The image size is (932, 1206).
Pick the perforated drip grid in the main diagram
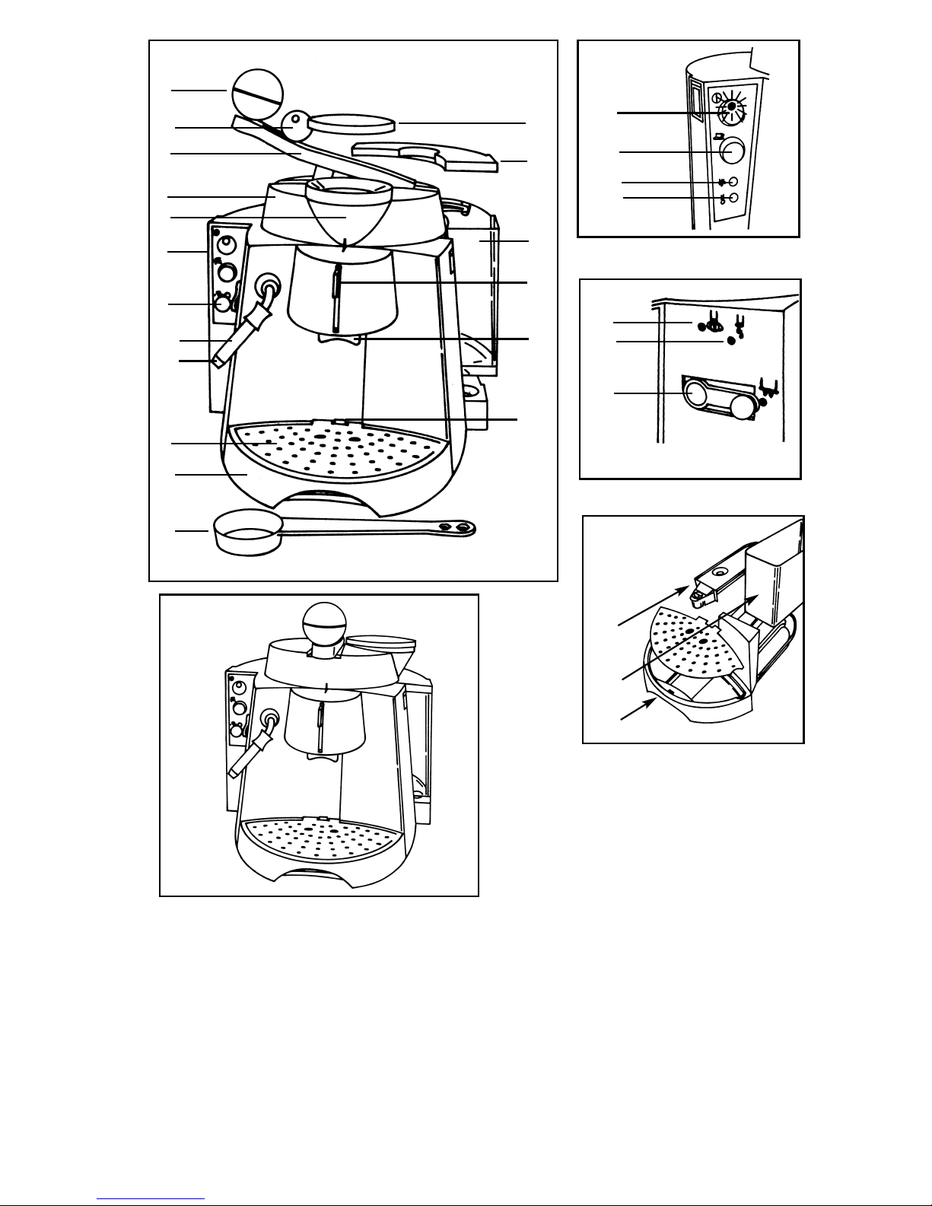point(336,450)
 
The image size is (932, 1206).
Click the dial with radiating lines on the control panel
point(731,107)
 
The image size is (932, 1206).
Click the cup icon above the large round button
point(718,136)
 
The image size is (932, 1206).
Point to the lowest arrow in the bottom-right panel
point(638,710)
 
